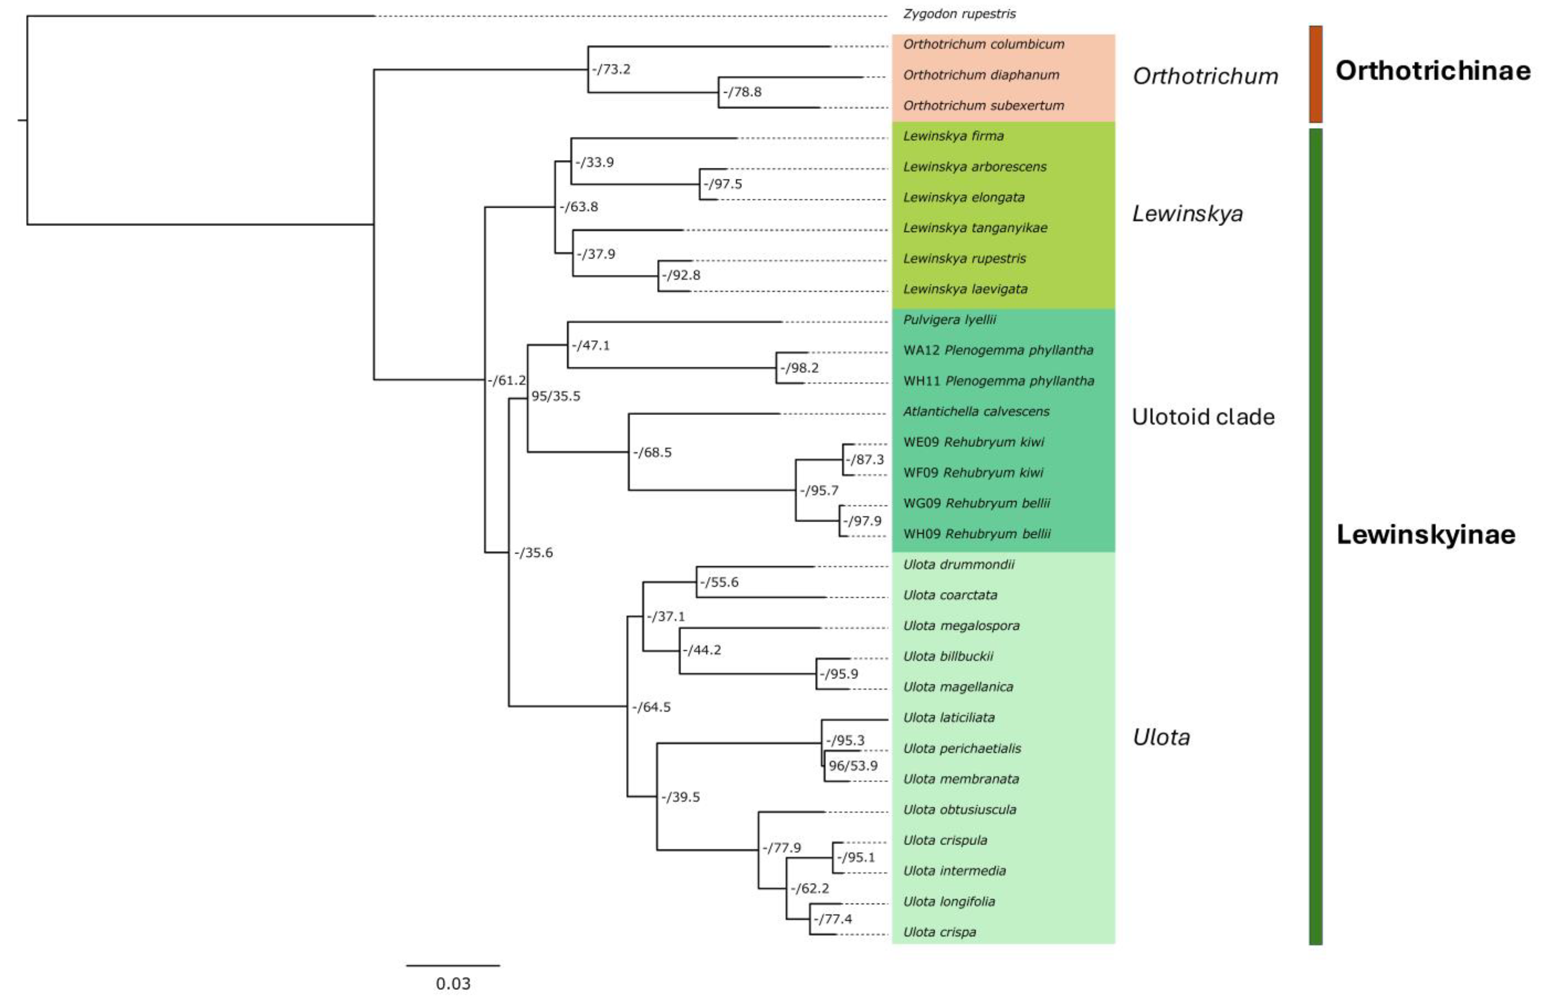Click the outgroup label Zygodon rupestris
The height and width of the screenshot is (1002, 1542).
(x=959, y=14)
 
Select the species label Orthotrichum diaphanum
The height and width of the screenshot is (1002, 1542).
(x=981, y=75)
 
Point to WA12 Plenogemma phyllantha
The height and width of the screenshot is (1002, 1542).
(x=998, y=350)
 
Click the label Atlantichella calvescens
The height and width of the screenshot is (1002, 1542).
(x=976, y=412)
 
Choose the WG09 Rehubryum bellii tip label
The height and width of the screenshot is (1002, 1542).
(x=976, y=503)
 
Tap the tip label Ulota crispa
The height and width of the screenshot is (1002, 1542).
(x=939, y=932)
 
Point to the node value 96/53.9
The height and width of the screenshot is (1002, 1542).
(x=853, y=766)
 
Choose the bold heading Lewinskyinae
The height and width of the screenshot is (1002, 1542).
(x=1425, y=534)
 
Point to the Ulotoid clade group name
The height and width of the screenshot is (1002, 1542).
(x=1203, y=417)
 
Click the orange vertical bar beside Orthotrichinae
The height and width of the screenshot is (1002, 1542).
(x=1315, y=74)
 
